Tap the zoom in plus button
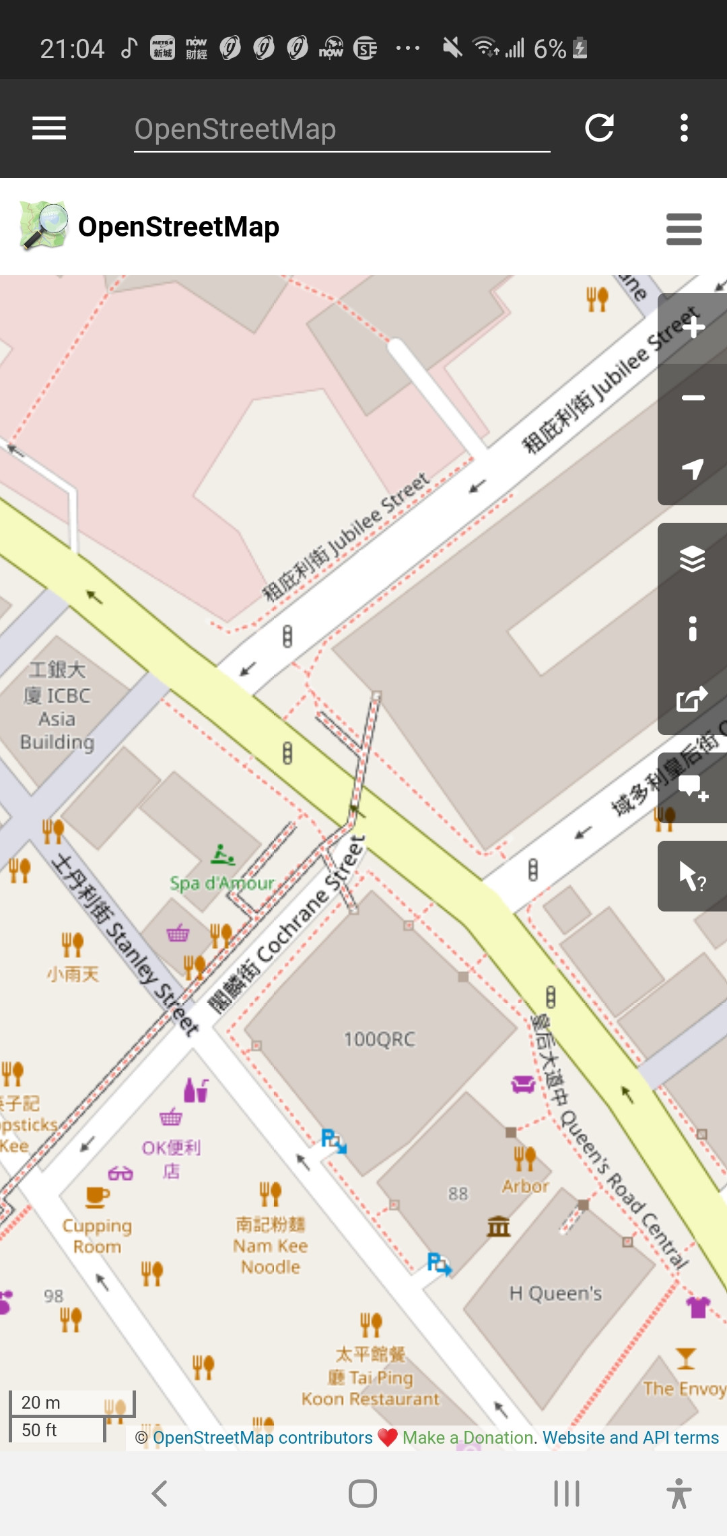point(693,328)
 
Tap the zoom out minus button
point(693,398)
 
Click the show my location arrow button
point(693,469)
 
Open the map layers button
point(693,558)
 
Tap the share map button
point(693,699)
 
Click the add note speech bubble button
point(693,787)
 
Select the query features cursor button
point(693,876)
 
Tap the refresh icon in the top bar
point(599,128)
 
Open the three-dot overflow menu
point(684,128)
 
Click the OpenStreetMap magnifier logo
point(44,226)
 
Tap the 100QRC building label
point(380,1039)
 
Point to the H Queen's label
point(555,1293)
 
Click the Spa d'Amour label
point(222,883)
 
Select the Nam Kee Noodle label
point(271,1246)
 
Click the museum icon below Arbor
point(499,1226)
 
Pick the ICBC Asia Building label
point(57,706)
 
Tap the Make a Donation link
point(469,1438)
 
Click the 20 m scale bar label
point(41,1403)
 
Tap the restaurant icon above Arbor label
point(524,1158)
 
